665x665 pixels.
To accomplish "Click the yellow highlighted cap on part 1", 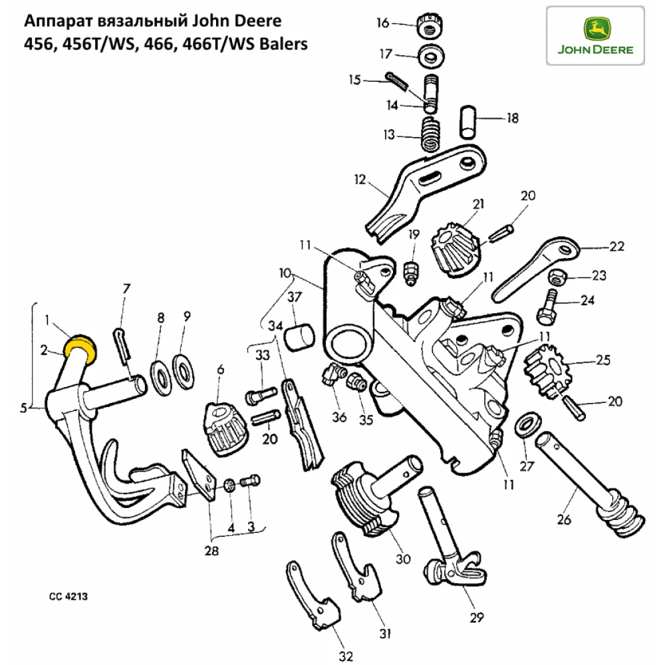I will coord(80,345).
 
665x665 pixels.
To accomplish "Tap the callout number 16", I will coord(383,23).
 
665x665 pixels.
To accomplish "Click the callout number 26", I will coord(564,520).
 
